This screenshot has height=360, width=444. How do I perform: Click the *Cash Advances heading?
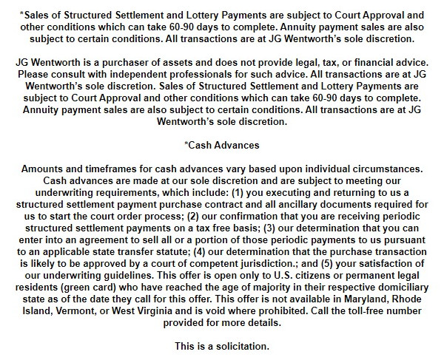coord(221,145)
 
